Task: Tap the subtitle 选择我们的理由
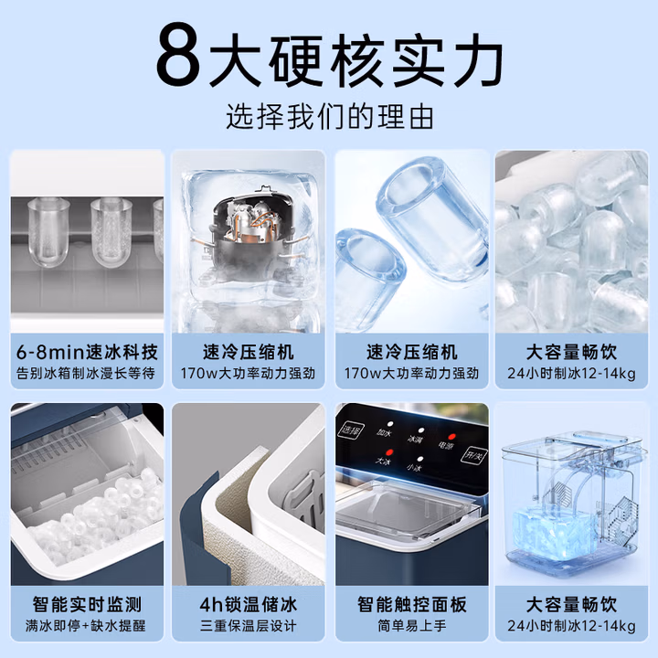click(329, 117)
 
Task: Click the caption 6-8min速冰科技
click(87, 352)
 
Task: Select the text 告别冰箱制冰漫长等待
click(86, 373)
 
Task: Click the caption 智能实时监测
click(87, 605)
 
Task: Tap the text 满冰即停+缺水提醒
click(86, 626)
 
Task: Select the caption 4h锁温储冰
click(249, 605)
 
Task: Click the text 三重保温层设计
click(249, 626)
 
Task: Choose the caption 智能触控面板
click(411, 605)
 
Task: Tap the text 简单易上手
click(411, 626)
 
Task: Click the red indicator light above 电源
click(451, 437)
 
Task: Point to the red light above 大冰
click(390, 452)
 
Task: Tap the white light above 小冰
click(420, 459)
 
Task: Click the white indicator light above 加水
click(390, 424)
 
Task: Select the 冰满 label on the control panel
click(415, 440)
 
